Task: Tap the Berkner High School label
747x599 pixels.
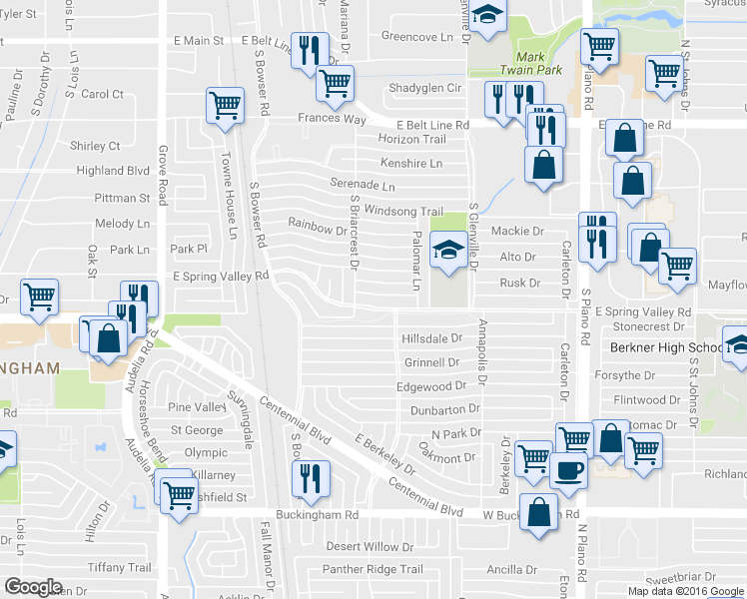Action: click(x=665, y=347)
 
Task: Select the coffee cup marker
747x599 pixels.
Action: click(x=567, y=470)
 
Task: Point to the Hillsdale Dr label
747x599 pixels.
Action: click(x=431, y=339)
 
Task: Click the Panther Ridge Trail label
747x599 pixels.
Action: click(x=373, y=570)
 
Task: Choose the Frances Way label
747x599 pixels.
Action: click(x=333, y=118)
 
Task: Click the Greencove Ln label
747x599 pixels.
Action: click(x=416, y=36)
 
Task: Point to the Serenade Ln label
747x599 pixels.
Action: click(x=363, y=186)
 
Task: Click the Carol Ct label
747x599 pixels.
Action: click(x=102, y=95)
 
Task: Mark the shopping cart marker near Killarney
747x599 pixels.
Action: click(x=179, y=492)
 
